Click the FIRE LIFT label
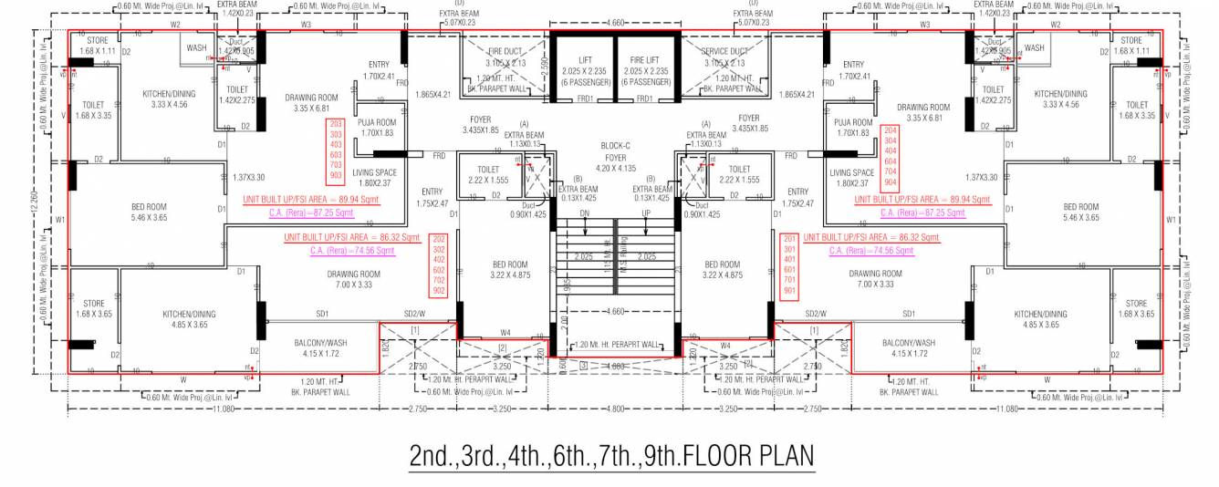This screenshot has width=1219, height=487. tap(644, 59)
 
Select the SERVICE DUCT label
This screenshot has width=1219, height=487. tap(724, 52)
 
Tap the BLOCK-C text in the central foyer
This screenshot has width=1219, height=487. tap(615, 145)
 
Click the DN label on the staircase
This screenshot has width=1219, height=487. tap(586, 215)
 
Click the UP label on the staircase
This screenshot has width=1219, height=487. tap(645, 215)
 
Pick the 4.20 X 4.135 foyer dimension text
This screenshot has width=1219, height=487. tap(615, 168)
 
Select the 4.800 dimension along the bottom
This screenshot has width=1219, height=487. tap(615, 409)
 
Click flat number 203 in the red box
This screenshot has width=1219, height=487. tap(336, 122)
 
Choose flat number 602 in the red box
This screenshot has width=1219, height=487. tap(438, 270)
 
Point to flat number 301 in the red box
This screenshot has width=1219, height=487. tap(790, 248)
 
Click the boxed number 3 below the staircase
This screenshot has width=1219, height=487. tap(583, 366)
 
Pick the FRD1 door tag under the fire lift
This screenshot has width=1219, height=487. tap(644, 99)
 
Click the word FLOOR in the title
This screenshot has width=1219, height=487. tap(711, 455)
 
